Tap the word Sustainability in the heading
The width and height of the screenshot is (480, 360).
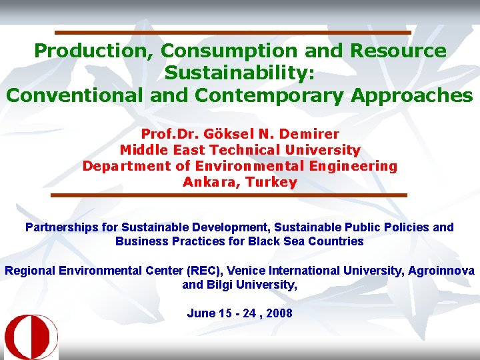[x=239, y=73]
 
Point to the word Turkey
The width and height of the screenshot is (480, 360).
[x=271, y=182]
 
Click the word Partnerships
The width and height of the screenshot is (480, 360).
[x=62, y=227]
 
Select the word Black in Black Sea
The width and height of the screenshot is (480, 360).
[x=263, y=241]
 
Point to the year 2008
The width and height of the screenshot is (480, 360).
[x=279, y=313]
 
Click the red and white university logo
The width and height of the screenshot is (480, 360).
[x=31, y=337]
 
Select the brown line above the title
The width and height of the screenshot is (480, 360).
[x=233, y=32]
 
